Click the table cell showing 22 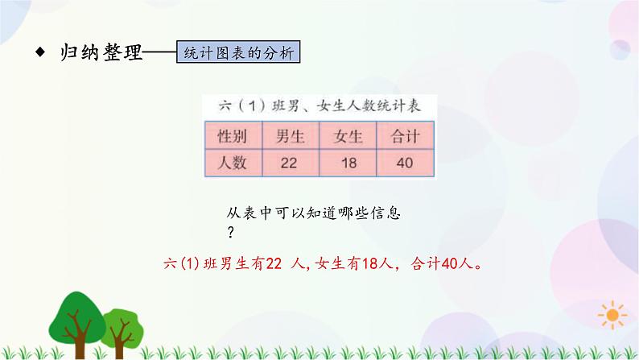(289, 163)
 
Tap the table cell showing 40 (405, 163)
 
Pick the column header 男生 (289, 134)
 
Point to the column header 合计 (405, 134)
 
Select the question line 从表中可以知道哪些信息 (314, 215)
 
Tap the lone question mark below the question (231, 233)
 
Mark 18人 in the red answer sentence (377, 263)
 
